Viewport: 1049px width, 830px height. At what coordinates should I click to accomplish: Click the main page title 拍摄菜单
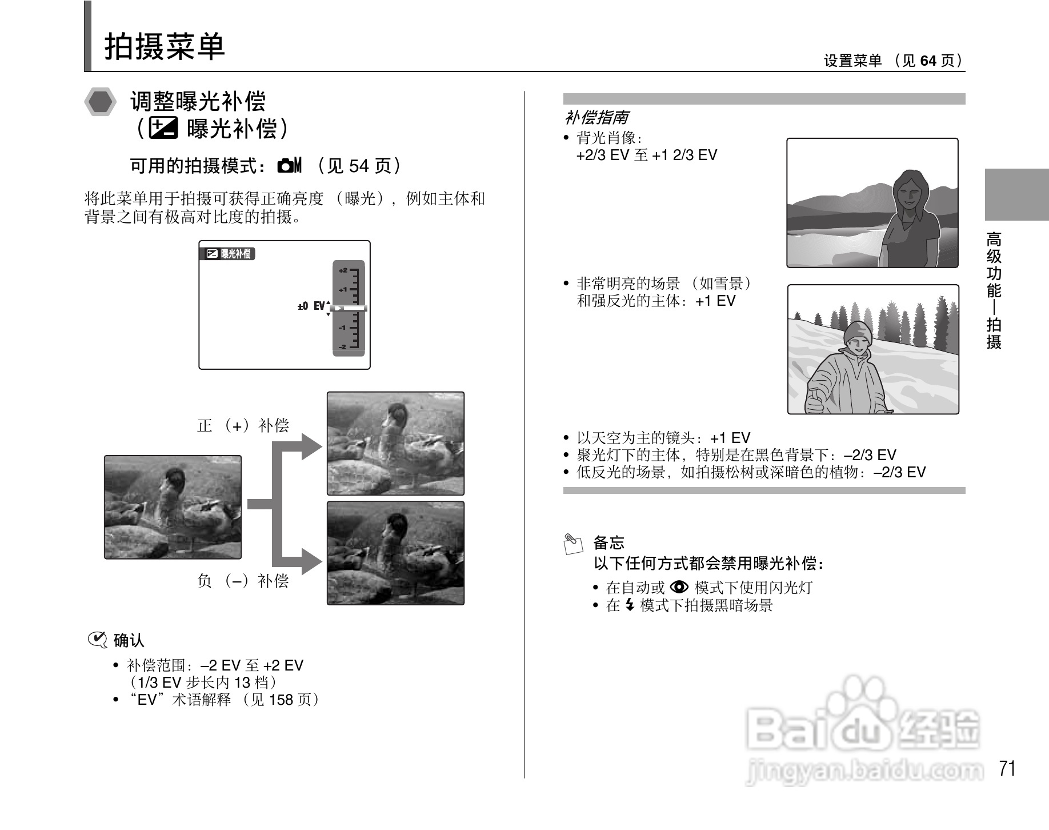coord(165,46)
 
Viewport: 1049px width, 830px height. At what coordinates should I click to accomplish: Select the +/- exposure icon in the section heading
coord(163,129)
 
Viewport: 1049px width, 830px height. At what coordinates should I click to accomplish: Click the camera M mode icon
coord(289,166)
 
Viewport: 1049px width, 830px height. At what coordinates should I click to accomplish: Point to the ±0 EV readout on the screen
coord(311,306)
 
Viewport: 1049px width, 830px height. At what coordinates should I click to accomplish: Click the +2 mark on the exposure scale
coord(343,270)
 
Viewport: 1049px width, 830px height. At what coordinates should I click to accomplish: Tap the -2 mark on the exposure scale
coord(343,347)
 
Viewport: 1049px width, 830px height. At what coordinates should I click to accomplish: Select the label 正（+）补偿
coord(243,425)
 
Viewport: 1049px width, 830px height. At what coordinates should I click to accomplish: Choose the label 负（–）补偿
coord(243,581)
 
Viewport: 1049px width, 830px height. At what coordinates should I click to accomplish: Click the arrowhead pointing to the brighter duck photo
coord(311,446)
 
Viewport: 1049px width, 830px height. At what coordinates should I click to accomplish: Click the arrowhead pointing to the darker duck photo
coord(311,561)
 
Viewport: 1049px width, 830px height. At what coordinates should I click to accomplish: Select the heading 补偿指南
coord(596,118)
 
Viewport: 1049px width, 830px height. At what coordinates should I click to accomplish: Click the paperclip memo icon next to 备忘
coord(573,544)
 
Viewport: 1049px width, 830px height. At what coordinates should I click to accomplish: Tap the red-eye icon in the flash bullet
coord(679,587)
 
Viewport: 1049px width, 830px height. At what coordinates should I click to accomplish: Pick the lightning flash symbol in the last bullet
coord(630,605)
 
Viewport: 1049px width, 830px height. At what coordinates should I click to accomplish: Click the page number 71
coord(1007,769)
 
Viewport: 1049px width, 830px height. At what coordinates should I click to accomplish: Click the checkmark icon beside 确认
coord(98,640)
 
